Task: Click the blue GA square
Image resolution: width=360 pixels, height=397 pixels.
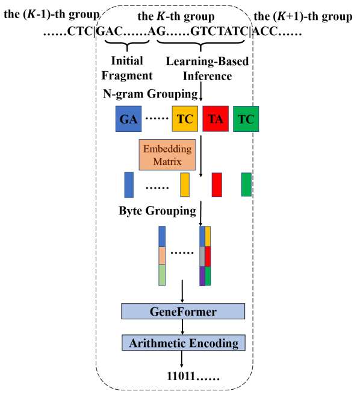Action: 128,119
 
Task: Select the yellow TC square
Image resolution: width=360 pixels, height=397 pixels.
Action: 185,119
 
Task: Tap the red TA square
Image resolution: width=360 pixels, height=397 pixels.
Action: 216,119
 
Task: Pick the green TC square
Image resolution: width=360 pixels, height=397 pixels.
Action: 246,119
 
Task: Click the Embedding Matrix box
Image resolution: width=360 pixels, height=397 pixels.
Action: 167,155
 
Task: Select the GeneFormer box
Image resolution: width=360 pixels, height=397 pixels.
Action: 183,311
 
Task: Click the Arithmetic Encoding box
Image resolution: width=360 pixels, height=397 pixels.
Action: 184,343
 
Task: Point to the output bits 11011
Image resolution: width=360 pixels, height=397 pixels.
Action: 181,377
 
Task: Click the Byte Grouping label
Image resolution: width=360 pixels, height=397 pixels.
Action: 157,211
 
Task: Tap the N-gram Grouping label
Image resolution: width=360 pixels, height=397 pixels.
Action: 151,94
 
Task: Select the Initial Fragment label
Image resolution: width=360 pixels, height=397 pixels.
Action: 127,68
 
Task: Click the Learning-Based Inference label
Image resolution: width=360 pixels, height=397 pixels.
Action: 208,68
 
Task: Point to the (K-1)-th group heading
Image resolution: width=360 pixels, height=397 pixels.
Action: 52,14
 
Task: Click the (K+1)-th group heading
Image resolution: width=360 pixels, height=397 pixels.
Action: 303,16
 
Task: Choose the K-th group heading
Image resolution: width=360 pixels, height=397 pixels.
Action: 176,16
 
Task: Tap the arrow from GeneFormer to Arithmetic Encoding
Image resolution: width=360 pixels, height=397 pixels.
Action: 182,327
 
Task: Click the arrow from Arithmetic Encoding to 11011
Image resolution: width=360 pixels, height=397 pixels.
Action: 181,359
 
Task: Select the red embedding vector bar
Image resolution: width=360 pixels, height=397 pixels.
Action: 217,185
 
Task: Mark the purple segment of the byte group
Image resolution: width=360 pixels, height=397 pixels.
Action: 202,277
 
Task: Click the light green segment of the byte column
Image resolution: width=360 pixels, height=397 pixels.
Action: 162,275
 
